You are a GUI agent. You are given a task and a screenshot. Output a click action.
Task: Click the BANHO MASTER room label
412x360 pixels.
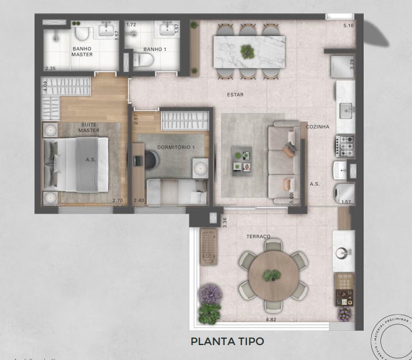coord(82,52)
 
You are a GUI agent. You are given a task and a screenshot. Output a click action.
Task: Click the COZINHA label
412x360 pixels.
coord(317,126)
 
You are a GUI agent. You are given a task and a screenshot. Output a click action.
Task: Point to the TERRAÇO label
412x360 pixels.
coord(257,236)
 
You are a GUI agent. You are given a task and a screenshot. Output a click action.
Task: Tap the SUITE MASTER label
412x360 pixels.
coord(89,127)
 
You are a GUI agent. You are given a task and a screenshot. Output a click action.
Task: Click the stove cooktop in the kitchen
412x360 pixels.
coord(346,145)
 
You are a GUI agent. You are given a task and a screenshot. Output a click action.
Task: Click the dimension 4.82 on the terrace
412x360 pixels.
coord(271,319)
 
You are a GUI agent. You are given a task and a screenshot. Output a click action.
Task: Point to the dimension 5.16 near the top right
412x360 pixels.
coord(348,26)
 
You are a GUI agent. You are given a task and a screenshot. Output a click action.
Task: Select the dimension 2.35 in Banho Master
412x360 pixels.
coord(51,68)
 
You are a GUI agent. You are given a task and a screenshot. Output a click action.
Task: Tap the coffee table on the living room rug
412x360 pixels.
coord(241,161)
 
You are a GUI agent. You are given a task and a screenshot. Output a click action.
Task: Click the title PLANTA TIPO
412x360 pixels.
coord(227,341)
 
